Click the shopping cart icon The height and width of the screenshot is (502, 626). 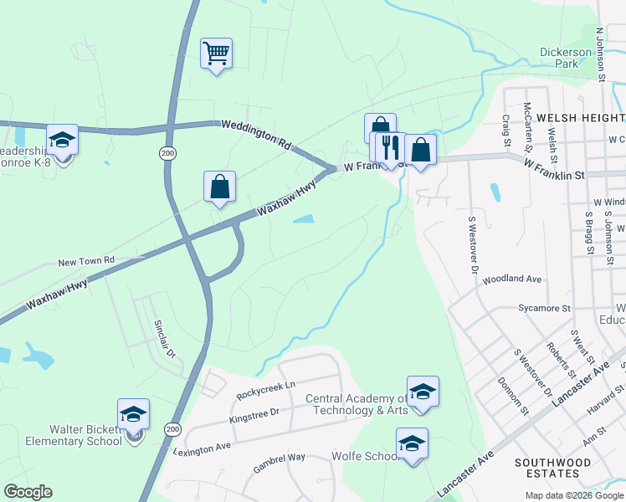[x=216, y=54]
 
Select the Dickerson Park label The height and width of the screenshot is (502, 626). [x=560, y=57]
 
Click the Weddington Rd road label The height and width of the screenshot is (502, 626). [x=255, y=134]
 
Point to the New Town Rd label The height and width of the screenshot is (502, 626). [x=85, y=262]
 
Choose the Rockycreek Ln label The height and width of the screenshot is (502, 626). [x=266, y=385]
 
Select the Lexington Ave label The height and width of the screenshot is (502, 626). [x=202, y=450]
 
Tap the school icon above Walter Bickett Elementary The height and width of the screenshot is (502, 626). [x=133, y=414]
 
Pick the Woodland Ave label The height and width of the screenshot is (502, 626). [x=512, y=279]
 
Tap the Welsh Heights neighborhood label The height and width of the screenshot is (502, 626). [x=578, y=119]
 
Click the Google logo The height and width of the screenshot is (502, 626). [x=28, y=492]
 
